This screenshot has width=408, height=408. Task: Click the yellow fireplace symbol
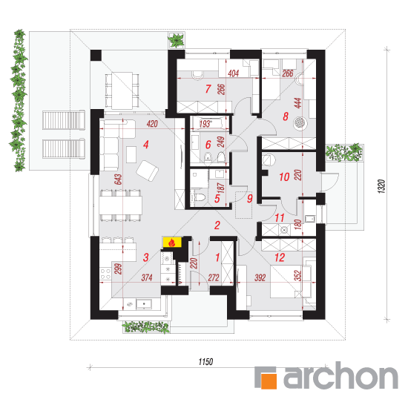point(172,243)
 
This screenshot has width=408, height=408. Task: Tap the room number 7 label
point(208,89)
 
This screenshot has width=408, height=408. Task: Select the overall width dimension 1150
point(205,361)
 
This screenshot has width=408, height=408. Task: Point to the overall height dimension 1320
point(381,186)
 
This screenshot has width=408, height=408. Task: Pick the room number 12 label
point(280,257)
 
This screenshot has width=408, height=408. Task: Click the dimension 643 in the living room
point(118,180)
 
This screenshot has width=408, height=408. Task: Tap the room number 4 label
point(145,145)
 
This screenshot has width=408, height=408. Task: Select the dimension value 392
point(260,277)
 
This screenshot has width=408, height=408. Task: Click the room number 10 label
point(284,177)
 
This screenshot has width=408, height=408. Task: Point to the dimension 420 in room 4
point(152,124)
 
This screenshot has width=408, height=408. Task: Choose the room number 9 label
point(249,198)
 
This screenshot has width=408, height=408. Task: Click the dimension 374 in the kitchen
point(147,277)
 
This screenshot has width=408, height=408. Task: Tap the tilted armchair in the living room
point(148,171)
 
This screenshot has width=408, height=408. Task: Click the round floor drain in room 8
point(300,122)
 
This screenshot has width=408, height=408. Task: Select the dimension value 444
point(297,103)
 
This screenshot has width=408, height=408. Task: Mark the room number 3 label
point(145,257)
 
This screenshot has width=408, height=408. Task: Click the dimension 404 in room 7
point(233,73)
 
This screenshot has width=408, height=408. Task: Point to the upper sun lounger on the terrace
point(64,120)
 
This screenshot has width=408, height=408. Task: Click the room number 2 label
point(217,226)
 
